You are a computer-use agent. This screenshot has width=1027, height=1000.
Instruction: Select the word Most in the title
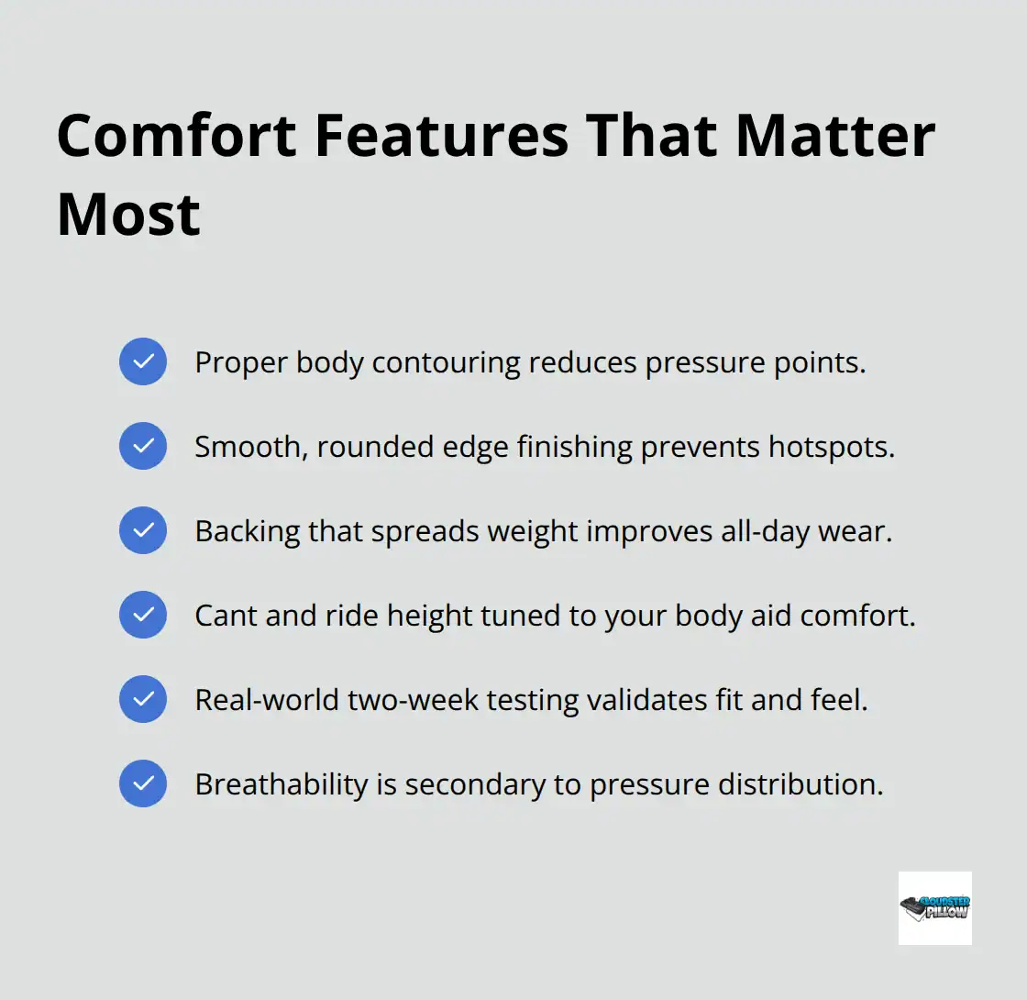pyautogui.click(x=128, y=214)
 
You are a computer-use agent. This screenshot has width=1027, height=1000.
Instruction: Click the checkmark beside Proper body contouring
pyautogui.click(x=143, y=361)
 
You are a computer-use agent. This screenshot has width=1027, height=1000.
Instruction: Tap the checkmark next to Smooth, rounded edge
pyautogui.click(x=143, y=446)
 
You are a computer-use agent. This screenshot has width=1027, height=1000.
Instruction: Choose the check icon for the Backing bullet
pyautogui.click(x=143, y=530)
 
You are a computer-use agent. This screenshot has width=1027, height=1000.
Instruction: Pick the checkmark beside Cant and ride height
pyautogui.click(x=143, y=615)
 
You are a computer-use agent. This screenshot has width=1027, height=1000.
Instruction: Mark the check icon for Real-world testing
pyautogui.click(x=143, y=699)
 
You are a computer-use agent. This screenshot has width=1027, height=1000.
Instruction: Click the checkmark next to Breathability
pyautogui.click(x=143, y=783)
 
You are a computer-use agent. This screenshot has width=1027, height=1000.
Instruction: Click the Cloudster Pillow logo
pyautogui.click(x=934, y=907)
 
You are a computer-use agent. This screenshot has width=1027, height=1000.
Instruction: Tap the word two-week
pyautogui.click(x=406, y=700)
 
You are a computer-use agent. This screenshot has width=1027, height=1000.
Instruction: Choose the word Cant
pyautogui.click(x=226, y=616)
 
